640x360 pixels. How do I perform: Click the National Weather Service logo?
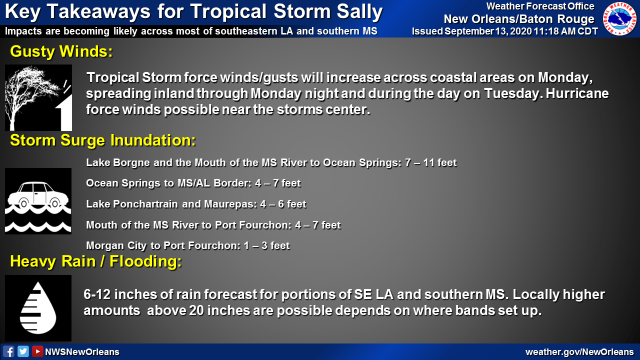click(x=619, y=19)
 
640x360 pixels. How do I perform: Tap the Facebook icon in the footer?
click(x=8, y=351)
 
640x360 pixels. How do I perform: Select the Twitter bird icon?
click(x=23, y=351)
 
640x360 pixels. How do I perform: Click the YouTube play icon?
click(x=37, y=351)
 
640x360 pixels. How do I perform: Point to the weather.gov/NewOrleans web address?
click(x=579, y=352)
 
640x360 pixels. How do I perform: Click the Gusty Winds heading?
click(x=61, y=51)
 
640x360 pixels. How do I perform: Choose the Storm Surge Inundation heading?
click(x=103, y=140)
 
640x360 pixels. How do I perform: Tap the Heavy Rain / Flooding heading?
click(x=95, y=261)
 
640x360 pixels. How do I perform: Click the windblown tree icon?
click(x=38, y=97)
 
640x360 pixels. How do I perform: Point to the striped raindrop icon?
click(x=38, y=308)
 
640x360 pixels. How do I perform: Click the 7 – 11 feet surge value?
click(x=431, y=162)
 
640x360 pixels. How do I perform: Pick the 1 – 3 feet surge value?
click(x=267, y=245)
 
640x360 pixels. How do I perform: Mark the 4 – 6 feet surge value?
click(x=283, y=204)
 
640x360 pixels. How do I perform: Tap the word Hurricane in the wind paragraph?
click(x=577, y=93)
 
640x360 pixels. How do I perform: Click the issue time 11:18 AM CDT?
click(x=565, y=31)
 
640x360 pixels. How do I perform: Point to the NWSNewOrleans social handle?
click(x=82, y=352)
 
